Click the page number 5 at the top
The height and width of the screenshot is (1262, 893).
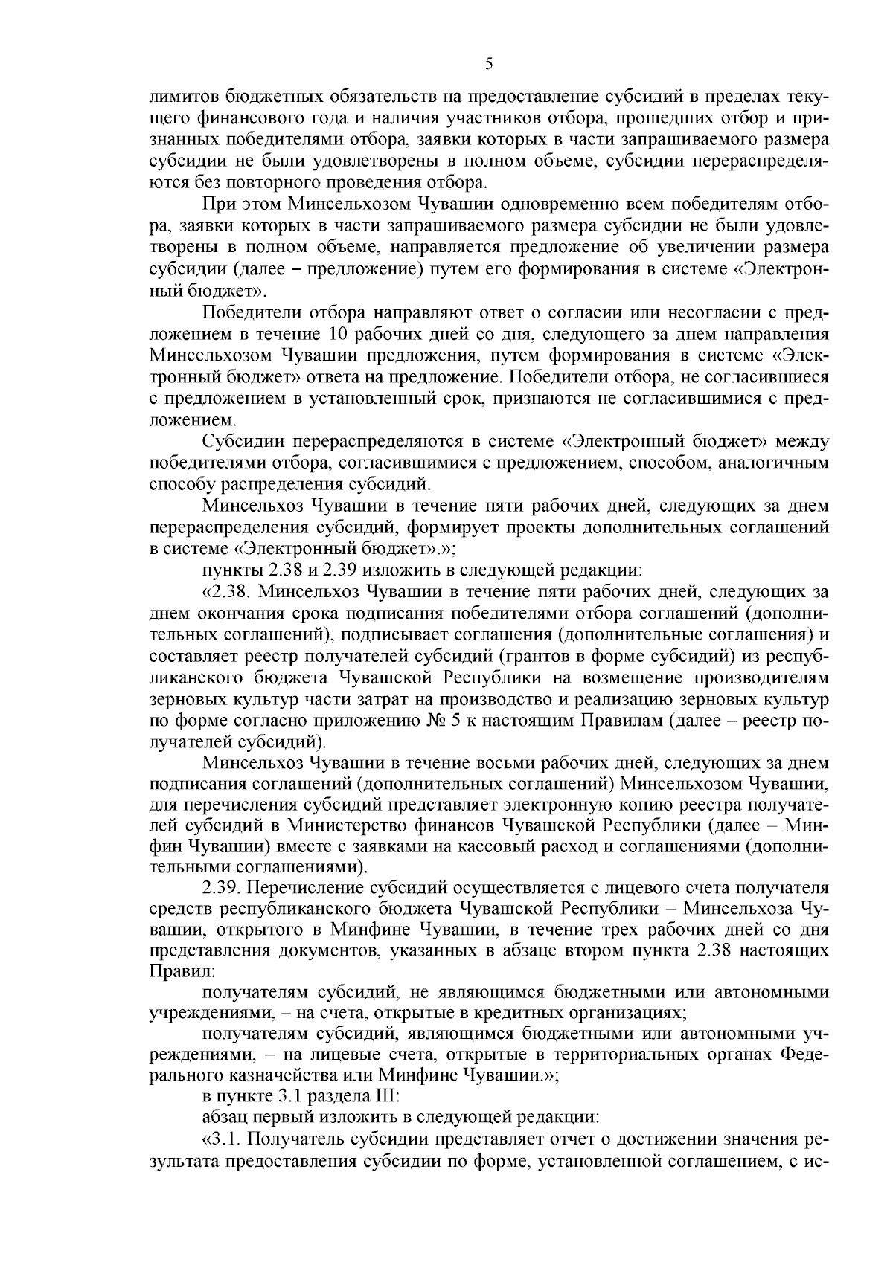[488, 64]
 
